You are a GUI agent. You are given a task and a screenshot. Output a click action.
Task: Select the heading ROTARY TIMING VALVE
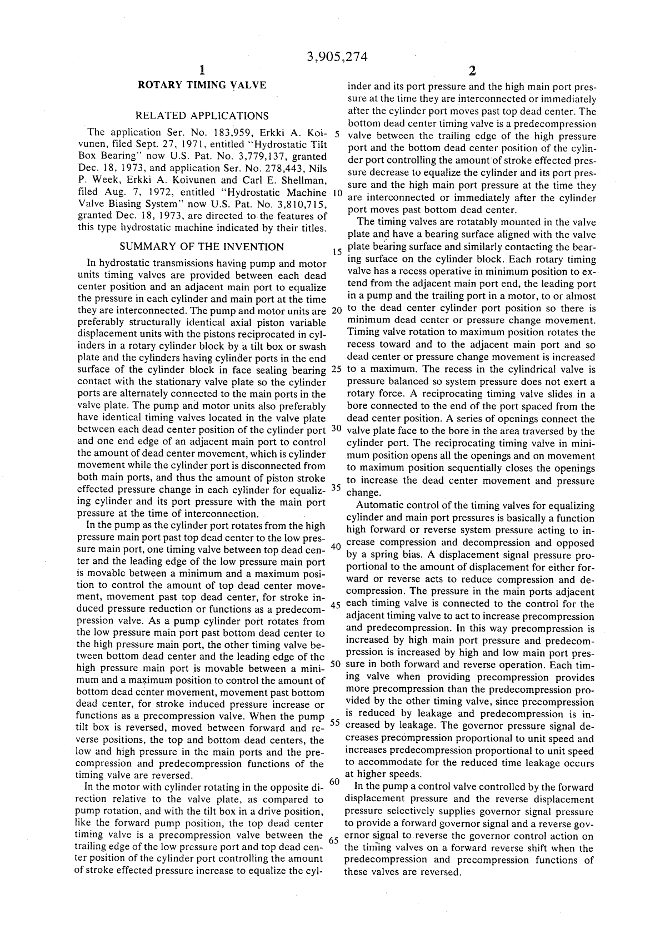pos(202,85)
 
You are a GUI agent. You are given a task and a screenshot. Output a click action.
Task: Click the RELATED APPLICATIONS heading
pos(202,116)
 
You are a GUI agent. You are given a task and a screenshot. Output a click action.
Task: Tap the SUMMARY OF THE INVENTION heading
pos(202,247)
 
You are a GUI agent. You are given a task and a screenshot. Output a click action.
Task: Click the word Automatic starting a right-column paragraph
pos(379,506)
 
